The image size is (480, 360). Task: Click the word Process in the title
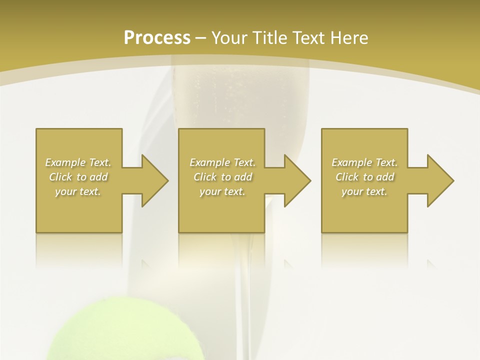click(x=157, y=38)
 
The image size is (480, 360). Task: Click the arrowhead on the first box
click(x=153, y=180)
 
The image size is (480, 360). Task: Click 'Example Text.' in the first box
click(x=78, y=162)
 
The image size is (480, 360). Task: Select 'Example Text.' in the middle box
click(x=222, y=162)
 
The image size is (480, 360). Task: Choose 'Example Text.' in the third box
click(x=364, y=162)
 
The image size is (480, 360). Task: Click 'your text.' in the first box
click(x=78, y=191)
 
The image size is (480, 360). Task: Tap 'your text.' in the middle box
click(x=222, y=191)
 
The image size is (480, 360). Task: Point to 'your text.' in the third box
click(x=364, y=191)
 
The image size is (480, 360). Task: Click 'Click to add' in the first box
click(x=78, y=177)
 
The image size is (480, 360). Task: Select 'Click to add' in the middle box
click(x=222, y=177)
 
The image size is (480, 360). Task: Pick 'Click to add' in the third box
click(x=364, y=177)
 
